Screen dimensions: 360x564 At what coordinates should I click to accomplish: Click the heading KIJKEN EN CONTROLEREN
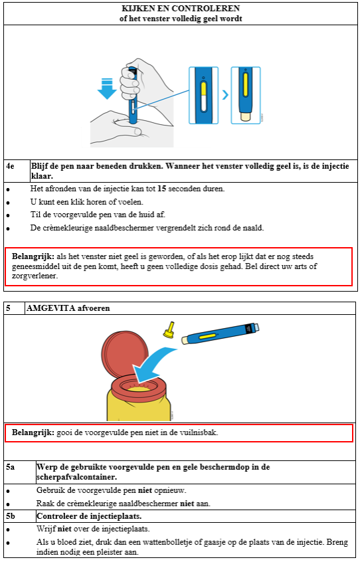coord(181,8)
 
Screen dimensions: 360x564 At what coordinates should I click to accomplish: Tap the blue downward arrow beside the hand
coord(107,88)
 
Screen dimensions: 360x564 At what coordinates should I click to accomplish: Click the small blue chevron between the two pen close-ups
coord(225,95)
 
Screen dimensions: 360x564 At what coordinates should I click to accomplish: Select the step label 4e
coord(10,166)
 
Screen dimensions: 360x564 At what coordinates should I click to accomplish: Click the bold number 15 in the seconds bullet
coord(161,189)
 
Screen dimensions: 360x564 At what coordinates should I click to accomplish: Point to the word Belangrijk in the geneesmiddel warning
coord(33,256)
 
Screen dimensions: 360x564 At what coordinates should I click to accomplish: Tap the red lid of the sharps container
coord(125,354)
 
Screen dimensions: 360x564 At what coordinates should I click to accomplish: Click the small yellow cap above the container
coord(169,330)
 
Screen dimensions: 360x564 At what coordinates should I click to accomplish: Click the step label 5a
coord(10,467)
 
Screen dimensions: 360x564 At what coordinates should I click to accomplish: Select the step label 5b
coord(11,516)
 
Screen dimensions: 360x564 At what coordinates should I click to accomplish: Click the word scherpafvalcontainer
coord(76,477)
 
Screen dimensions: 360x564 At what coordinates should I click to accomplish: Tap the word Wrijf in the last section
coord(46,529)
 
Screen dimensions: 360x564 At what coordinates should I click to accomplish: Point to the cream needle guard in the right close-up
coord(245,116)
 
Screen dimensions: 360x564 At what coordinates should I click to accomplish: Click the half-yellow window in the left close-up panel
coord(203,96)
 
